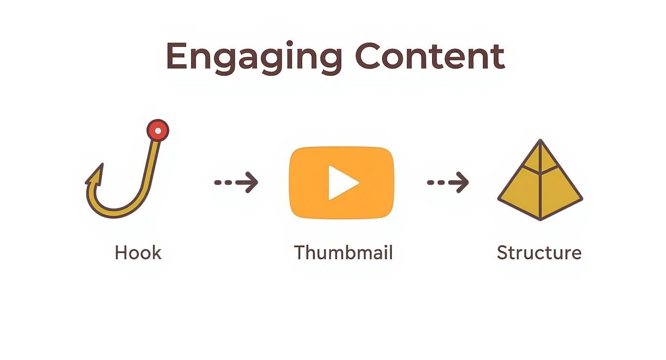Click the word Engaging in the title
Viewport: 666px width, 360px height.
tap(254, 57)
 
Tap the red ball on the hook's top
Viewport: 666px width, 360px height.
tap(158, 130)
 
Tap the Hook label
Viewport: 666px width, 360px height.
tap(138, 252)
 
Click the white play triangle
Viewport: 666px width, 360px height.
tap(343, 182)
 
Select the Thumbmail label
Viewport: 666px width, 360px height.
tap(343, 252)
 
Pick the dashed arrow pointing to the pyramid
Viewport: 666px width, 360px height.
tap(448, 182)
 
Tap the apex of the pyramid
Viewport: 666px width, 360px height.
tap(540, 142)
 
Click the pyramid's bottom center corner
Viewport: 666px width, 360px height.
tap(540, 219)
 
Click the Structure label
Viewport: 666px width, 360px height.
tap(539, 252)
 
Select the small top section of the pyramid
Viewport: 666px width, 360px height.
tap(540, 158)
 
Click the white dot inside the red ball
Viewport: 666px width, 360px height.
tap(158, 130)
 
